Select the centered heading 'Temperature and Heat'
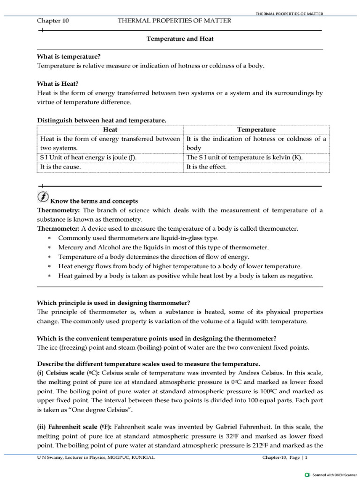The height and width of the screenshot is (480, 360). [x=180, y=39]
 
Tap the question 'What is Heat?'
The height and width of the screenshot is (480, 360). [x=58, y=84]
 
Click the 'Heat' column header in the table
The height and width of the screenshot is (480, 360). [x=110, y=129]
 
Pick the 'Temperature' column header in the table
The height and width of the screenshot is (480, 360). [x=256, y=129]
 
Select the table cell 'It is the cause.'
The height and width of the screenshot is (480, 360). [x=60, y=166]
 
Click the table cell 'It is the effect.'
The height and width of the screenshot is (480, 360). [x=206, y=166]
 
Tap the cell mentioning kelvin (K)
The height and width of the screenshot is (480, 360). [x=244, y=157]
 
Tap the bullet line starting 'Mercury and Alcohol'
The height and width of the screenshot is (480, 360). [x=163, y=247]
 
